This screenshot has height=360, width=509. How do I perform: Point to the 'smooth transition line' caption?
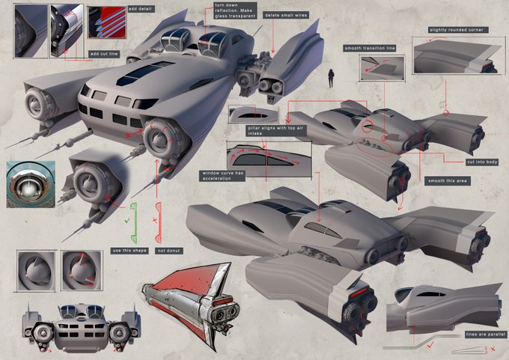coord(369,47)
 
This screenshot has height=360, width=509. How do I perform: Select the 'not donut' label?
coord(165,249)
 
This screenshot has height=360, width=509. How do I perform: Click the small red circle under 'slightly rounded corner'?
coord(447,115)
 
